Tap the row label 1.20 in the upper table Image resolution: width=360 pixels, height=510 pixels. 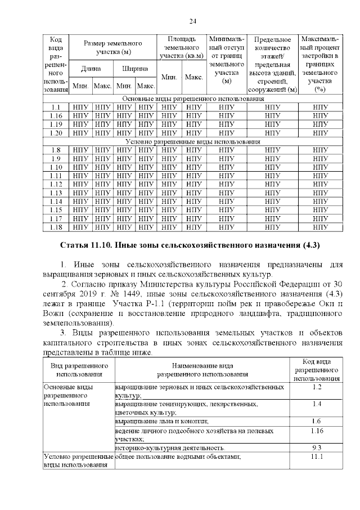coord(55,133)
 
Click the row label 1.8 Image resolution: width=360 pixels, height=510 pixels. coord(55,150)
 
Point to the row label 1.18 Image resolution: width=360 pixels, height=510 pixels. coord(55,227)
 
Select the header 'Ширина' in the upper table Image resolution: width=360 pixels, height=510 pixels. coord(135,69)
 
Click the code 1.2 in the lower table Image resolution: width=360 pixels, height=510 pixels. coord(316,388)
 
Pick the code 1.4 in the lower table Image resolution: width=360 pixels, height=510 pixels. coord(316,404)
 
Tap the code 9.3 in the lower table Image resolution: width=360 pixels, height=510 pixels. coord(316,448)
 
